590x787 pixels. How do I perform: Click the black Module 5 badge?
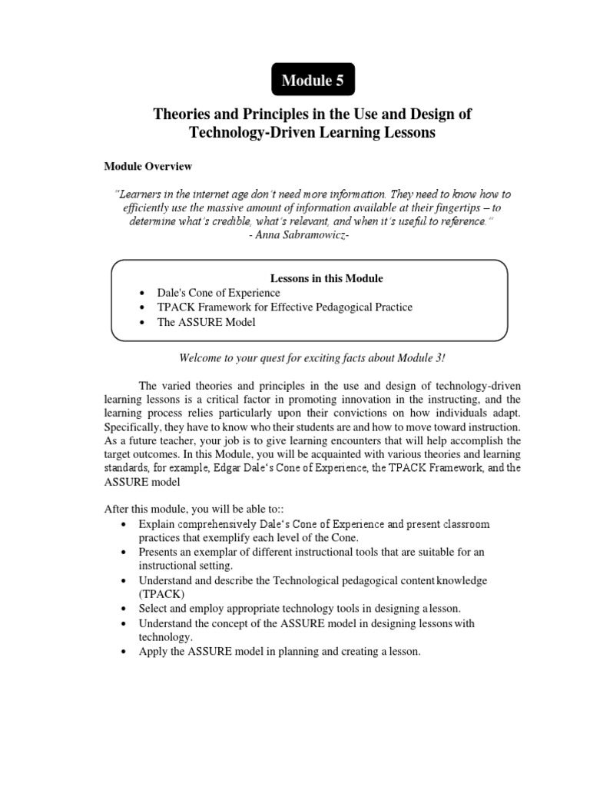coord(313,79)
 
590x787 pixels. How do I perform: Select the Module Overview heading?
coord(148,166)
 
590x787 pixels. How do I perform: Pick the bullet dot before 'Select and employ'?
coord(124,609)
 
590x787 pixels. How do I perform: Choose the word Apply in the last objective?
coord(152,652)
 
